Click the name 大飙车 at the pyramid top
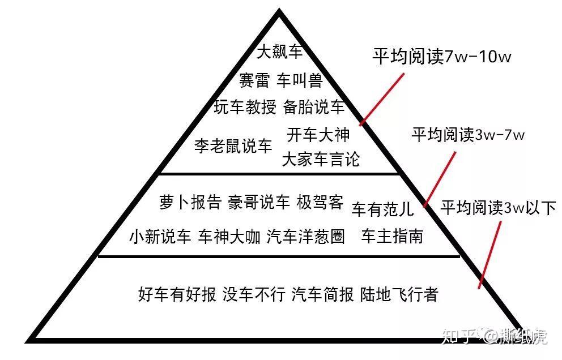[x=280, y=52]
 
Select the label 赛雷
[x=253, y=80]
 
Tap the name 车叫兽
[x=300, y=80]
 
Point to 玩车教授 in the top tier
[x=245, y=107]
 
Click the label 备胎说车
[x=313, y=107]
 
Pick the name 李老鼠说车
[x=233, y=146]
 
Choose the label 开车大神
[x=318, y=135]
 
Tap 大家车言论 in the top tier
[x=321, y=158]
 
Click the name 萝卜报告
[x=190, y=203]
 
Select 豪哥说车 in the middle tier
[x=259, y=203]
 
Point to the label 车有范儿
[x=382, y=209]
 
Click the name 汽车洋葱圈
[x=306, y=236]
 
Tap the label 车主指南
[x=392, y=236]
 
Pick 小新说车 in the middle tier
[x=160, y=236]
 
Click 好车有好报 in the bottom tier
[x=177, y=294]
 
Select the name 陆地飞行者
[x=399, y=294]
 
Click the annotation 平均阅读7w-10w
[x=442, y=57]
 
